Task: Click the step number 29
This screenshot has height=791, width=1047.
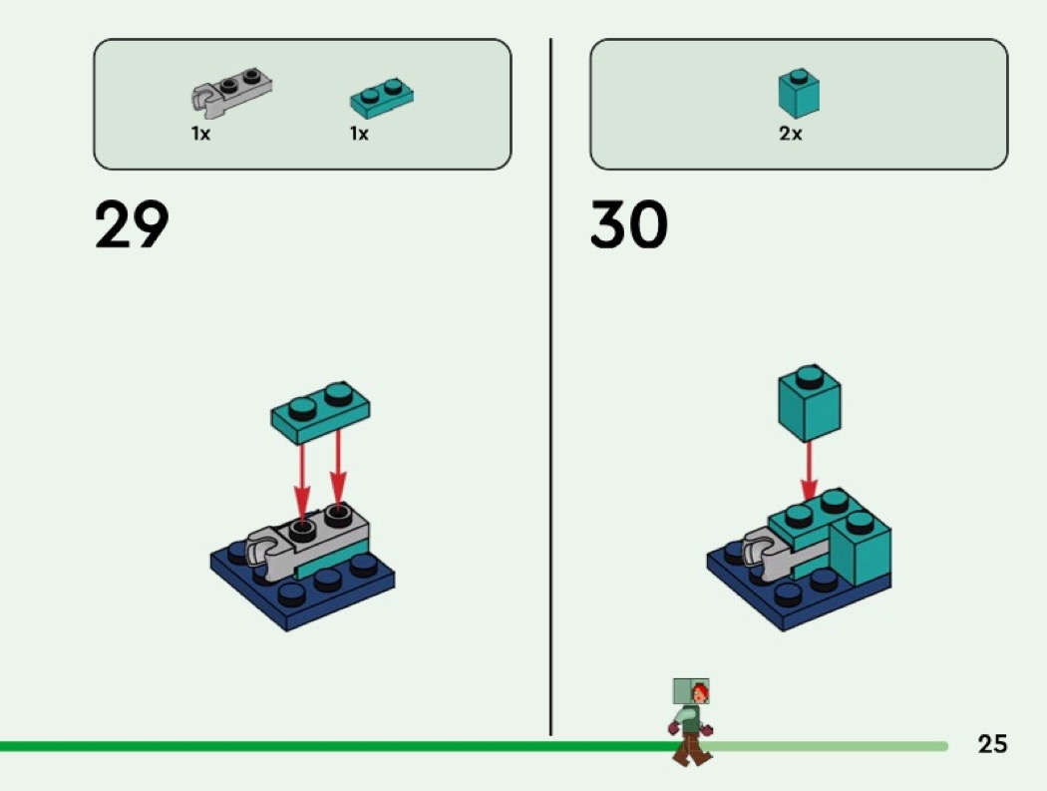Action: (x=132, y=224)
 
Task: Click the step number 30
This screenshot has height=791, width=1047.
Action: (x=628, y=224)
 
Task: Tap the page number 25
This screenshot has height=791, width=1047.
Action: (x=992, y=743)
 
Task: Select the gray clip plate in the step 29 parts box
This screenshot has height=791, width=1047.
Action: (x=231, y=89)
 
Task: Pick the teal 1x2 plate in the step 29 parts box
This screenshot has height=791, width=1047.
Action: (x=382, y=98)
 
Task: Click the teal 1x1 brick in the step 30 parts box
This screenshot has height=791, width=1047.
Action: (x=799, y=93)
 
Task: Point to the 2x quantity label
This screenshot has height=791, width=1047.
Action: (x=791, y=134)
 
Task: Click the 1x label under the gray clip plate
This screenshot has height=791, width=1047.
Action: (x=200, y=134)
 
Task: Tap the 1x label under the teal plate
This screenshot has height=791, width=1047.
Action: (x=359, y=134)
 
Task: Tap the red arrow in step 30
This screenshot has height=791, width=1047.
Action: (x=810, y=472)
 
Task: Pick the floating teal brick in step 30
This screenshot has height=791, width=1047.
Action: (x=810, y=403)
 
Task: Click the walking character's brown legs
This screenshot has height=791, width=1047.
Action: (x=692, y=749)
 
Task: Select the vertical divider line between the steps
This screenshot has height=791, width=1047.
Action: (x=550, y=387)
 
